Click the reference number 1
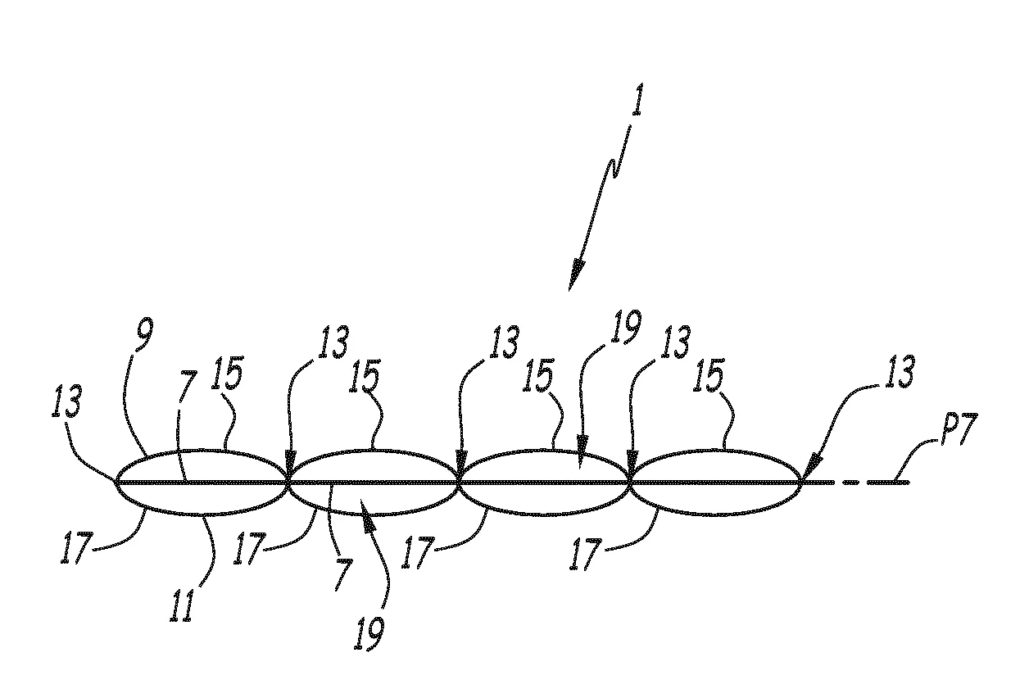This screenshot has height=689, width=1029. tap(637, 99)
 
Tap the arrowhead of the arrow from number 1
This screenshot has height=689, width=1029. tap(576, 275)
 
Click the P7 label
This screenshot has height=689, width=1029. tap(959, 429)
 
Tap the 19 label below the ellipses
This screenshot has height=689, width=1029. tap(369, 633)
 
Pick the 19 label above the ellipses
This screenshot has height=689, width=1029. tap(625, 327)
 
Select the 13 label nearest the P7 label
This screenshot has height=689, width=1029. tap(899, 371)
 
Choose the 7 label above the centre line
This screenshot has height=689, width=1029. tap(187, 387)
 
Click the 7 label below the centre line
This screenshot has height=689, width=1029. tap(343, 574)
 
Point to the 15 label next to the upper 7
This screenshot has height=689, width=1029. tap(227, 373)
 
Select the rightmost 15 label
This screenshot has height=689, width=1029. tap(709, 376)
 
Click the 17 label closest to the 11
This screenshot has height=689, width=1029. tap(77, 547)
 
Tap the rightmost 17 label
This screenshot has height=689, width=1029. tap(586, 555)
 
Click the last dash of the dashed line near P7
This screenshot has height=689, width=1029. tap(888, 483)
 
